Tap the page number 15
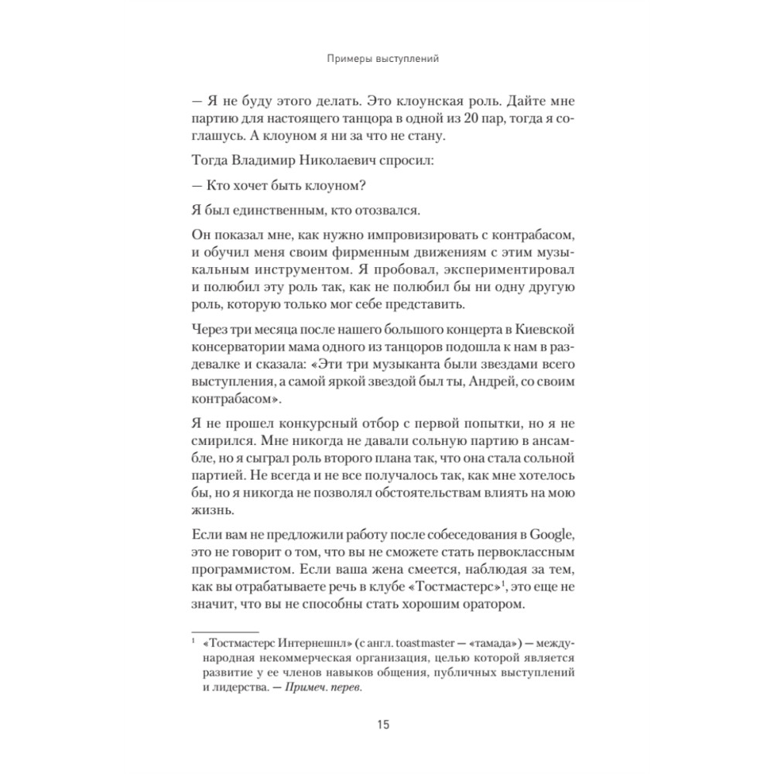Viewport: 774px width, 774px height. (x=384, y=725)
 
